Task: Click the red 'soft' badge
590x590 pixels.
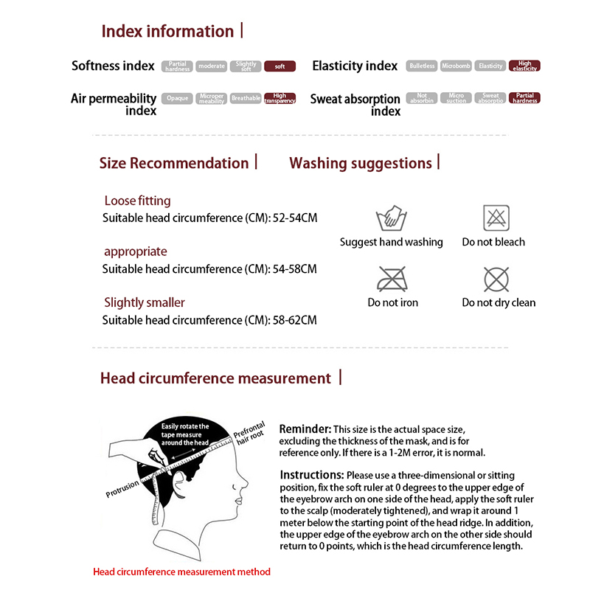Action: pyautogui.click(x=280, y=66)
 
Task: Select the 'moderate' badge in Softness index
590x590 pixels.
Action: pyautogui.click(x=212, y=66)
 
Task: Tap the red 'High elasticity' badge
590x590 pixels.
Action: pyautogui.click(x=524, y=66)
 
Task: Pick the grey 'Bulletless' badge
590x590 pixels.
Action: pyautogui.click(x=423, y=66)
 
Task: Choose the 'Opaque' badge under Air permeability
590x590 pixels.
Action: pyautogui.click(x=178, y=98)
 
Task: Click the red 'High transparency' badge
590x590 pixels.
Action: pyautogui.click(x=280, y=98)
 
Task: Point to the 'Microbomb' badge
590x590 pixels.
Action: pyautogui.click(x=456, y=66)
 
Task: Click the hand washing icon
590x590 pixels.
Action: pyautogui.click(x=391, y=218)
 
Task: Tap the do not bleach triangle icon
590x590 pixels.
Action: pyautogui.click(x=496, y=218)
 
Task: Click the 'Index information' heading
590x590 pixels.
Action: pyautogui.click(x=167, y=31)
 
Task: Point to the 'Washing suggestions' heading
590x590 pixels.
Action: pyautogui.click(x=361, y=163)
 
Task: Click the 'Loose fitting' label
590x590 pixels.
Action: pyautogui.click(x=137, y=201)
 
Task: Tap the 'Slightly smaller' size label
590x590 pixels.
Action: pyautogui.click(x=145, y=302)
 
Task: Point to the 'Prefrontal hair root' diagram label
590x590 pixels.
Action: pyautogui.click(x=249, y=437)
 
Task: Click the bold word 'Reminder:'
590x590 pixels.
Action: pyautogui.click(x=305, y=429)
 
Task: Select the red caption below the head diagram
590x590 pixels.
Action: pyautogui.click(x=181, y=572)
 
